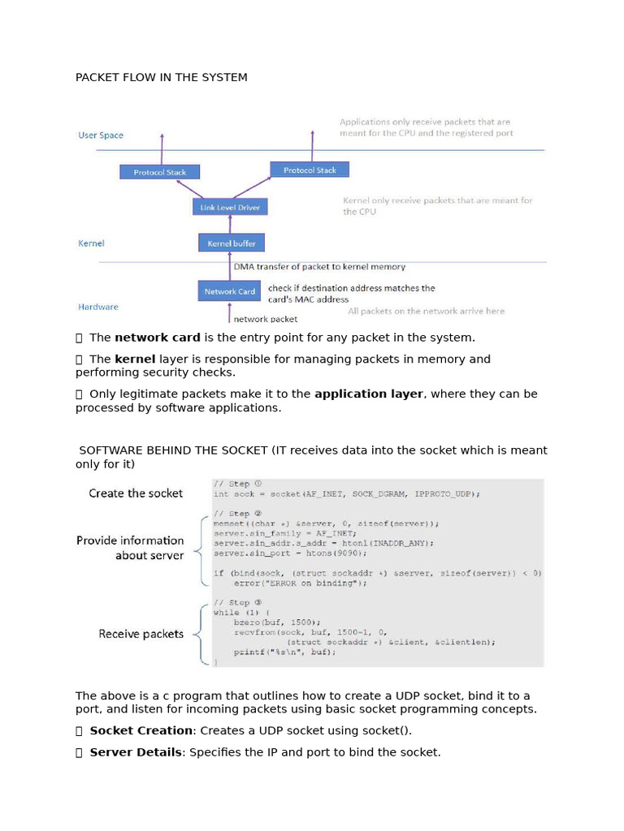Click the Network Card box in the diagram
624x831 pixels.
click(x=230, y=291)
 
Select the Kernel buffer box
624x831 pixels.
click(x=232, y=243)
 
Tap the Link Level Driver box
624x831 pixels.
click(x=231, y=208)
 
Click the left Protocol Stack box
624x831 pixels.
click(x=159, y=172)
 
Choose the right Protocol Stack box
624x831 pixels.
click(x=310, y=170)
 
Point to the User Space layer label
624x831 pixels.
click(x=101, y=136)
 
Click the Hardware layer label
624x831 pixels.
click(x=98, y=307)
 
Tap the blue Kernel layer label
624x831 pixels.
click(x=91, y=243)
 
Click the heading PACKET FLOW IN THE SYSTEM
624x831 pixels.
click(x=162, y=77)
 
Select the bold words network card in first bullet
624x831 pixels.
click(x=158, y=337)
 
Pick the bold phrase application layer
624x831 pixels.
click(x=369, y=394)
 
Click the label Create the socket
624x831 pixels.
click(x=136, y=493)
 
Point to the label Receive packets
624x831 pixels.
click(x=141, y=634)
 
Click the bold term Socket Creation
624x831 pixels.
click(x=141, y=730)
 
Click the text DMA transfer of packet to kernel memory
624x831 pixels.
click(x=319, y=266)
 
